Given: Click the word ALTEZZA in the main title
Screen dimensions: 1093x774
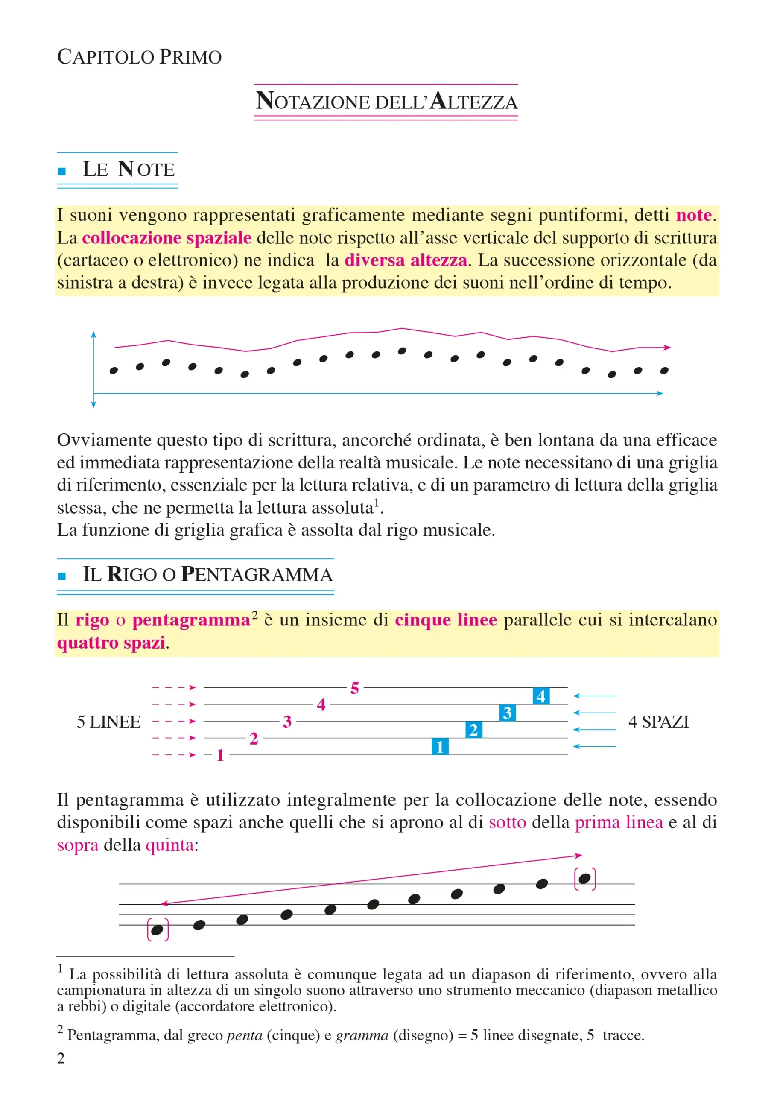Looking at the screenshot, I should pyautogui.click(x=473, y=102).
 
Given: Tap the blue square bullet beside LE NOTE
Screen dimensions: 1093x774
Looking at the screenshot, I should pyautogui.click(x=61, y=172).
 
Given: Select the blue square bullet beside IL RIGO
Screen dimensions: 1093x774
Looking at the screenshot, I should pyautogui.click(x=61, y=576).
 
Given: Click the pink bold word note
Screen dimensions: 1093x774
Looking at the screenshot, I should pyautogui.click(x=693, y=215).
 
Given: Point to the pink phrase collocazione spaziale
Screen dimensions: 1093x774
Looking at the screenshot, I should pyautogui.click(x=166, y=237).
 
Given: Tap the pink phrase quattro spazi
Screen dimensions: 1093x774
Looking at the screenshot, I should pyautogui.click(x=111, y=643).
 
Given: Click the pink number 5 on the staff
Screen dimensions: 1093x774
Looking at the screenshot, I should pyautogui.click(x=355, y=688).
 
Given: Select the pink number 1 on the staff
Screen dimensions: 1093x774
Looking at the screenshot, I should pyautogui.click(x=220, y=755).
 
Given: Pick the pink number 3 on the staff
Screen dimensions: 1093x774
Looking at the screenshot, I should pyautogui.click(x=287, y=722).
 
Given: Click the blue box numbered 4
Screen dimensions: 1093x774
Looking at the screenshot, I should pyautogui.click(x=541, y=696).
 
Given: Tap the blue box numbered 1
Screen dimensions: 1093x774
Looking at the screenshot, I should pyautogui.click(x=440, y=746).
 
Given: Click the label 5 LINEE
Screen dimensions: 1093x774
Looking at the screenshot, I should pyautogui.click(x=109, y=722).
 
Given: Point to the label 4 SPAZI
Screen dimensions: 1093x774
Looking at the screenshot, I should pyautogui.click(x=659, y=722).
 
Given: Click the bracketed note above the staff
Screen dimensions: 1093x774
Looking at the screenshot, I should pyautogui.click(x=585, y=878).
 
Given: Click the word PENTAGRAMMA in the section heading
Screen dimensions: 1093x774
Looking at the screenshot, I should pyautogui.click(x=257, y=574).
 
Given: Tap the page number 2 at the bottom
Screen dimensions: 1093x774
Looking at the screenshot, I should pyautogui.click(x=61, y=1058).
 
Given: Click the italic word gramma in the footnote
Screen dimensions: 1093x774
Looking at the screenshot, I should pyautogui.click(x=362, y=1035).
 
